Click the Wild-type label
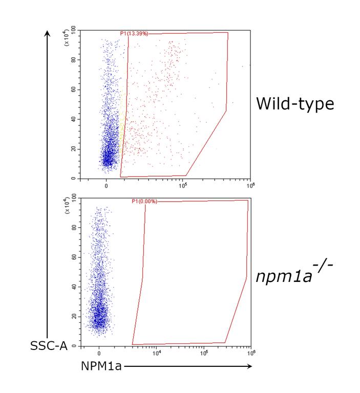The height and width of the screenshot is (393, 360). click(x=295, y=104)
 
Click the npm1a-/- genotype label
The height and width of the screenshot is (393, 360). click(x=294, y=273)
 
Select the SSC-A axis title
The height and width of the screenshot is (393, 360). click(x=49, y=346)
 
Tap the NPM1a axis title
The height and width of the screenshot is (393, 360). click(x=101, y=366)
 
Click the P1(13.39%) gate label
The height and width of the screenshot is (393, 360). click(x=134, y=34)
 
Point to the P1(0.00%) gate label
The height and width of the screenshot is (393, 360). click(x=144, y=201)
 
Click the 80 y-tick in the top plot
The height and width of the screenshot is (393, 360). click(x=73, y=60)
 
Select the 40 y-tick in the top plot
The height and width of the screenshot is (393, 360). click(x=73, y=119)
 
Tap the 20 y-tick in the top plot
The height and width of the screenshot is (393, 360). click(x=73, y=149)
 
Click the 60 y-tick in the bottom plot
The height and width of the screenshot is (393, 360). click(x=74, y=257)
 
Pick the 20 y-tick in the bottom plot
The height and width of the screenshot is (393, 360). click(x=74, y=316)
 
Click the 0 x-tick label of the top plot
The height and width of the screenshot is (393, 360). click(x=107, y=186)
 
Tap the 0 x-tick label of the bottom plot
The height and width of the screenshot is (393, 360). click(x=99, y=354)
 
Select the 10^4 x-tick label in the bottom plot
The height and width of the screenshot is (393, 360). click(x=157, y=353)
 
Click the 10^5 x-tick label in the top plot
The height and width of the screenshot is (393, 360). click(x=183, y=185)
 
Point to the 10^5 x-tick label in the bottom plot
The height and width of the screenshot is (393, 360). click(x=204, y=353)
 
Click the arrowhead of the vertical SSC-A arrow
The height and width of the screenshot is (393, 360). click(x=47, y=33)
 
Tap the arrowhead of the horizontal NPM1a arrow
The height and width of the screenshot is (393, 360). click(x=249, y=366)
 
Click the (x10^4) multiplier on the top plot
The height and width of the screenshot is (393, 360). click(x=67, y=38)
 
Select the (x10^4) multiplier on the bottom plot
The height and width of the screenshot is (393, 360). click(x=67, y=206)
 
